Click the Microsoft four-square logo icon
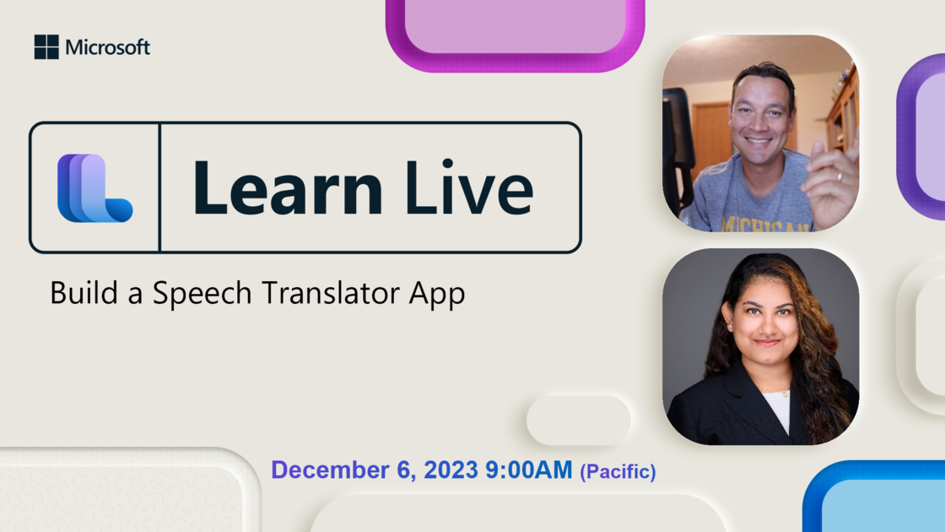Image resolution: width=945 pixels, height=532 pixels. click(46, 47)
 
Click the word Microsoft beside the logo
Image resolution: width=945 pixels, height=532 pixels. click(108, 47)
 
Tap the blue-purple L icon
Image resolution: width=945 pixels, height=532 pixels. click(94, 188)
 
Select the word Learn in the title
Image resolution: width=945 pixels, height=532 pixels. click(288, 187)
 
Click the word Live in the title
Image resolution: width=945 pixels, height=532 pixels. click(469, 187)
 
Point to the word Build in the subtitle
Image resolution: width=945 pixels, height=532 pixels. click(84, 292)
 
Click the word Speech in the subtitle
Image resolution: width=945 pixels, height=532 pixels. click(202, 294)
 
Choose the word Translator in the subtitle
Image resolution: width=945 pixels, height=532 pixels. click(330, 293)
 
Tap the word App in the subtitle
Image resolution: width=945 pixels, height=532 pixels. click(437, 295)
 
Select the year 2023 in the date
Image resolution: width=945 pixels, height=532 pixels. click(451, 470)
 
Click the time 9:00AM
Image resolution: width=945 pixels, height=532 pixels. click(528, 470)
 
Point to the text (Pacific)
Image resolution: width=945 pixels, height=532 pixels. click(618, 471)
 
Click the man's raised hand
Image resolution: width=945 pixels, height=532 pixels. click(834, 175)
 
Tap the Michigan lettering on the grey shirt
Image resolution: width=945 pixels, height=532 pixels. click(765, 225)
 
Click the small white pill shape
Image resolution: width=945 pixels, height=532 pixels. click(579, 421)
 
